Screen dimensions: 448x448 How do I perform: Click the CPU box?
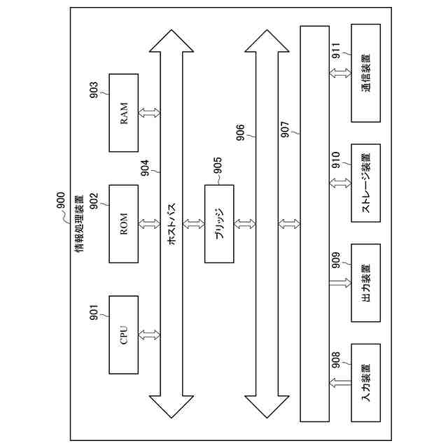pyautogui.click(x=124, y=335)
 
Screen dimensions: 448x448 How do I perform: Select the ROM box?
pyautogui.click(x=124, y=223)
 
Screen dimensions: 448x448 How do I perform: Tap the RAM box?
pyautogui.click(x=124, y=112)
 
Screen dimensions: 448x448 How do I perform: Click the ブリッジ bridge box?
pyautogui.click(x=219, y=223)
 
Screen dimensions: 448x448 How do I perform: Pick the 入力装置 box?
pyautogui.click(x=366, y=381)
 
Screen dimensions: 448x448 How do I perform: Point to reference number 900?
pyautogui.click(x=61, y=202)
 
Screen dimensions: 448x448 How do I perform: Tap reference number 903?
pyautogui.click(x=94, y=91)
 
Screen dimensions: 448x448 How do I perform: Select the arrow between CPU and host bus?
pyautogui.click(x=149, y=335)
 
